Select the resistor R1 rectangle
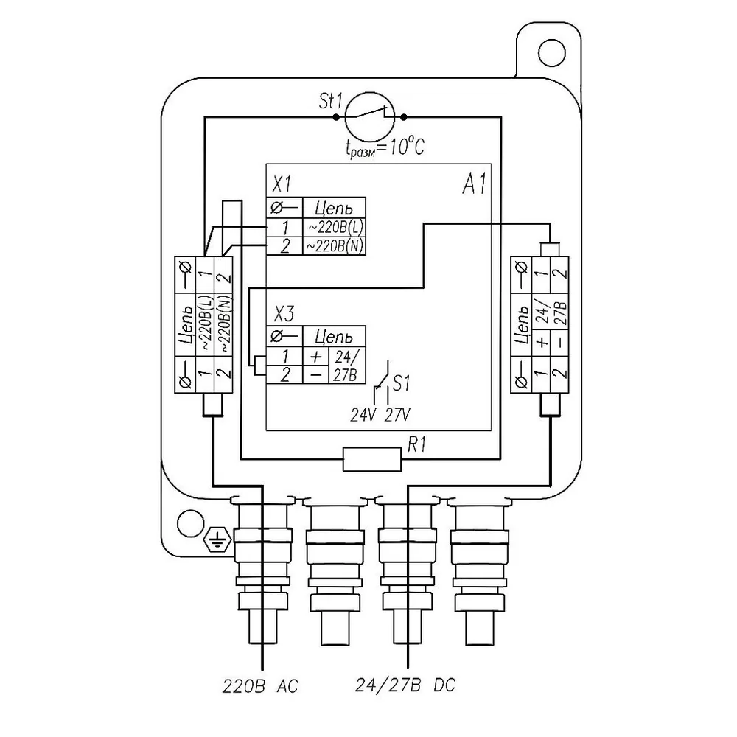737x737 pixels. [x=371, y=459]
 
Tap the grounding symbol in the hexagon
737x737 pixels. [x=217, y=539]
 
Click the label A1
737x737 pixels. [x=474, y=184]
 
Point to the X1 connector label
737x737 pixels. [x=282, y=184]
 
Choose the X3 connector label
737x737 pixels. [x=284, y=313]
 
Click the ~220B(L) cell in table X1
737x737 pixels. [x=334, y=228]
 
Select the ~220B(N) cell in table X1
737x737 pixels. [x=334, y=246]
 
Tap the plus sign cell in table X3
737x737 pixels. [x=316, y=356]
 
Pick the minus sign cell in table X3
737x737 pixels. [x=316, y=374]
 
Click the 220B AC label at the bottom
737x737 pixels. [x=260, y=686]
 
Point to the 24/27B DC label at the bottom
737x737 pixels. [x=405, y=685]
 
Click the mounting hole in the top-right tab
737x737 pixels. [x=551, y=52]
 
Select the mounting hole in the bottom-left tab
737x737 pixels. [x=190, y=523]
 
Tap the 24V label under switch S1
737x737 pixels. [x=363, y=416]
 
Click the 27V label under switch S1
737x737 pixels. [x=398, y=416]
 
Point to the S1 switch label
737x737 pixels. [x=401, y=383]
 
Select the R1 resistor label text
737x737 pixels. [x=417, y=444]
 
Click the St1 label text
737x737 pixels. [x=331, y=101]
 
